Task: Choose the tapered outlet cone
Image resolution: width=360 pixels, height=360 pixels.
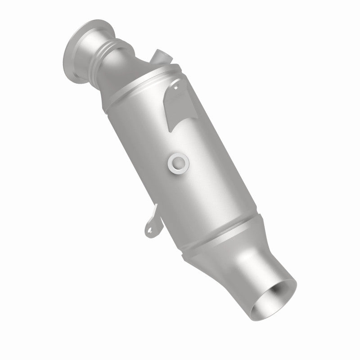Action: (x=234, y=252)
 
